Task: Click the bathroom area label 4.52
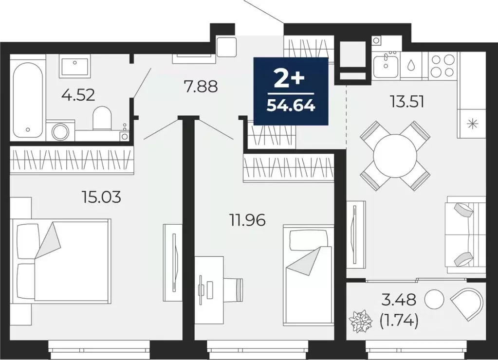coord(78,94)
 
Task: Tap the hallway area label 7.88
coord(200,87)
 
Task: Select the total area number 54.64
coord(291,105)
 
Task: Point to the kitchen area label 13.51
coord(407,102)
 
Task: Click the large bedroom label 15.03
coord(101,197)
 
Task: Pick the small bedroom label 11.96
coord(247,220)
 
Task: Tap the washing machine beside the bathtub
coord(61,132)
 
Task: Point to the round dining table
coord(395,156)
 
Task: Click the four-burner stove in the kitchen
coord(443,65)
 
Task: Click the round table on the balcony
coord(434,299)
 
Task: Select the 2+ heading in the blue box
coord(290,77)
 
